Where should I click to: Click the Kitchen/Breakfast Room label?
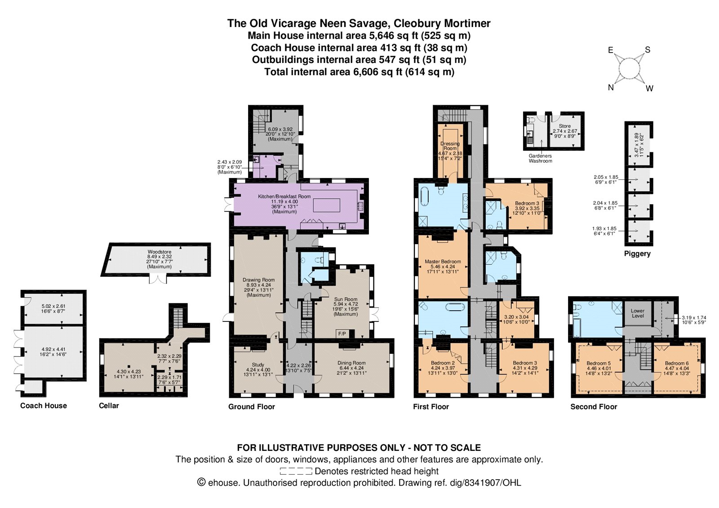pyautogui.click(x=284, y=196)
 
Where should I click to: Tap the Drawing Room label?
pyautogui.click(x=259, y=280)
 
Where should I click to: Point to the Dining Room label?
pyautogui.click(x=351, y=363)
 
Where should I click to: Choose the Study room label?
pyautogui.click(x=258, y=365)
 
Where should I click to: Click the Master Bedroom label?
pyautogui.click(x=443, y=261)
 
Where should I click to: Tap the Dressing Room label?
pyautogui.click(x=450, y=146)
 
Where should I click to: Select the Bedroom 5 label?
pyautogui.click(x=599, y=363)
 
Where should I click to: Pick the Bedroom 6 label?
pyautogui.click(x=677, y=363)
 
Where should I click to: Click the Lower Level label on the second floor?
pyautogui.click(x=638, y=313)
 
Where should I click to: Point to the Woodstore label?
pyautogui.click(x=159, y=252)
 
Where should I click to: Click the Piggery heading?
pyautogui.click(x=637, y=254)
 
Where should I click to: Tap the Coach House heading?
pyautogui.click(x=44, y=406)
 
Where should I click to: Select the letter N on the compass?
pyautogui.click(x=611, y=87)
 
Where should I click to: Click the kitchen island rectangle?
pyautogui.click(x=327, y=205)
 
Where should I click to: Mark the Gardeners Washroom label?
pyautogui.click(x=541, y=158)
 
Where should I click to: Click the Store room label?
pyautogui.click(x=565, y=126)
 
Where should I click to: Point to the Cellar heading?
pyautogui.click(x=109, y=406)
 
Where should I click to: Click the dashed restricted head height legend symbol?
pyautogui.click(x=296, y=472)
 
